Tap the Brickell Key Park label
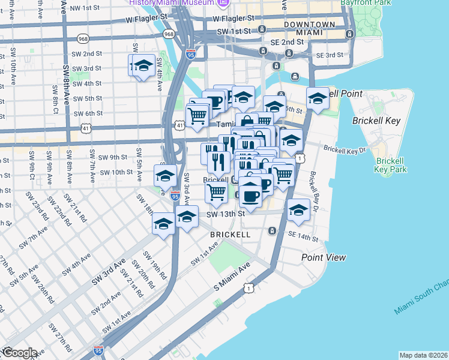click(391, 165)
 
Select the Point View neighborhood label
click(324, 257)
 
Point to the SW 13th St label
click(226, 214)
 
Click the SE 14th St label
click(303, 238)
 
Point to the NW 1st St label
click(84, 8)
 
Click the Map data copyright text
click(423, 355)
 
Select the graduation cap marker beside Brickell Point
click(318, 100)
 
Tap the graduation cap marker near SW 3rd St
click(143, 67)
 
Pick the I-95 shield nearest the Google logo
click(98, 349)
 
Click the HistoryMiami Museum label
click(171, 3)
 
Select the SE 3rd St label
click(328, 55)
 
